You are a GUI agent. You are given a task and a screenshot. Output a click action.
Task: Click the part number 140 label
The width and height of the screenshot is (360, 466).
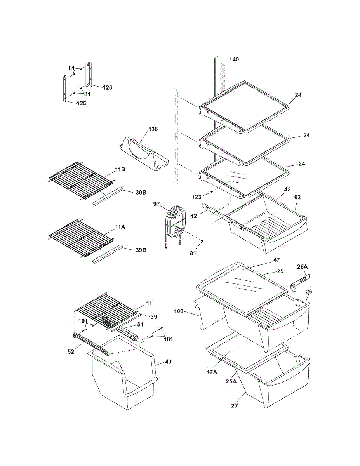pos(234,59)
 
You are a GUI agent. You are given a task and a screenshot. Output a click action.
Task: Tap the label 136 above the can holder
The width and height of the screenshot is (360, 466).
pos(153,129)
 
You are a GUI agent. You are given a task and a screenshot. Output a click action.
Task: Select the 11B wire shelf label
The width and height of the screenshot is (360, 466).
pos(120,169)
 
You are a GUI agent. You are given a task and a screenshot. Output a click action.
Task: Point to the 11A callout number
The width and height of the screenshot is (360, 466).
pos(120,227)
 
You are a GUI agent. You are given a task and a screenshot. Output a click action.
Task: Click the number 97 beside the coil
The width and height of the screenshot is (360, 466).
pos(156,203)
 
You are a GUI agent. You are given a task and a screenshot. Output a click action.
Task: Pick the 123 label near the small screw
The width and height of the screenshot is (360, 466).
pos(197,197)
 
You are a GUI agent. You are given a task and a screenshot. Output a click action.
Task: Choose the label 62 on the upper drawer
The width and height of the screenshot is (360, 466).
pos(297,197)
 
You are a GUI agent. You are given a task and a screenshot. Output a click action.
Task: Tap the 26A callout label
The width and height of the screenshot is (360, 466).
pos(302,267)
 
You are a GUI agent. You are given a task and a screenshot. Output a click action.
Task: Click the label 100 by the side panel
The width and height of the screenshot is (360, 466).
pos(179,311)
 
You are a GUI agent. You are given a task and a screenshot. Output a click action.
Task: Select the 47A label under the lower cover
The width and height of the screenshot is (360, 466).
pos(212,372)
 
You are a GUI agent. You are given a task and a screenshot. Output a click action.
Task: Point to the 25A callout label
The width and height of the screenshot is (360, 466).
pos(231,381)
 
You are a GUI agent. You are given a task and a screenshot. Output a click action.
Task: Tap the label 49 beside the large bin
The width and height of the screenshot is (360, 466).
pos(168,362)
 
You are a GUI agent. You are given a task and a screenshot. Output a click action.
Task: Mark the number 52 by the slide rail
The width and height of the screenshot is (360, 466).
pos(71,352)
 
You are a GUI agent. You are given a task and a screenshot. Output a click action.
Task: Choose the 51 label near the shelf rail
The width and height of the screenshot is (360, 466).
pos(140,325)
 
